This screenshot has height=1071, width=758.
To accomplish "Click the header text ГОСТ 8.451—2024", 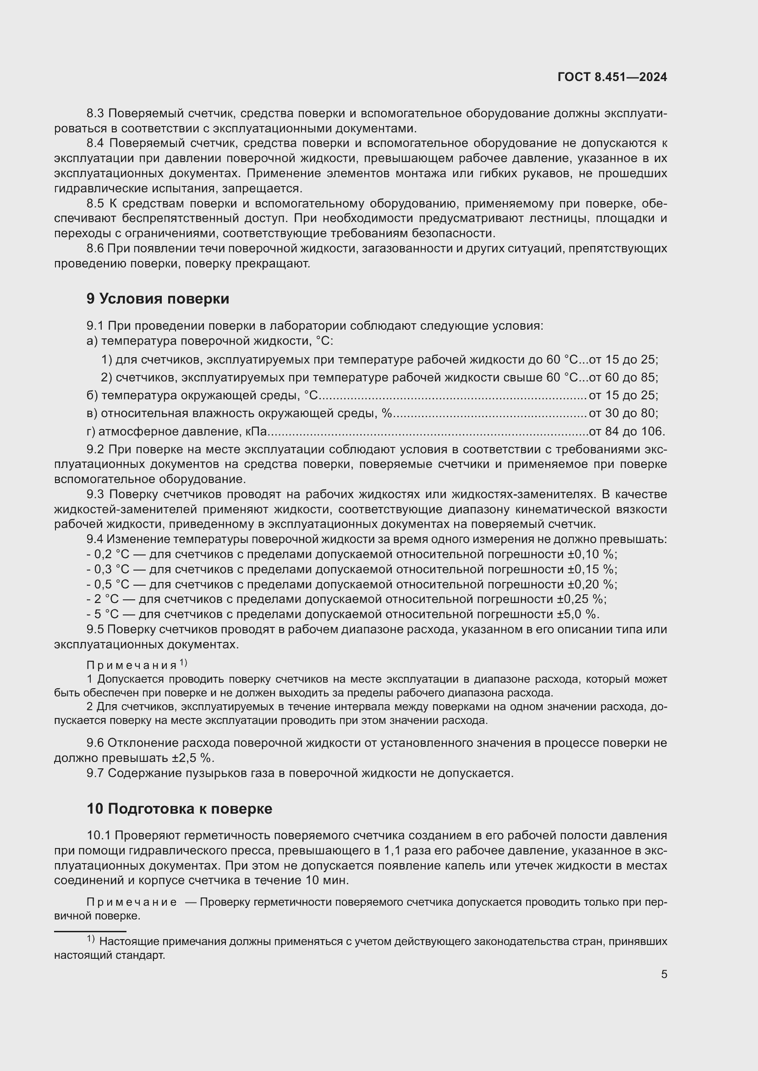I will point(612,77).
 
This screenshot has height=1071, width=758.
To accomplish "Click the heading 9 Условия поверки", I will point(158,299).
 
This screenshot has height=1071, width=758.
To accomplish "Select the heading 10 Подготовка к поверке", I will point(179,808).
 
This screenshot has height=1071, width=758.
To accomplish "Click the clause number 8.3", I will point(96,114).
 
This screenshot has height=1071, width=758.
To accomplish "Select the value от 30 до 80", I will point(623,413).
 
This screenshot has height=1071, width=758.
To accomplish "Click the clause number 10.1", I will point(99,836).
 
